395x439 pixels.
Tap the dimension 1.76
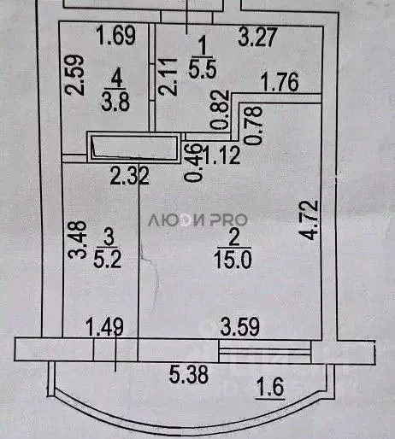point(280,84)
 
